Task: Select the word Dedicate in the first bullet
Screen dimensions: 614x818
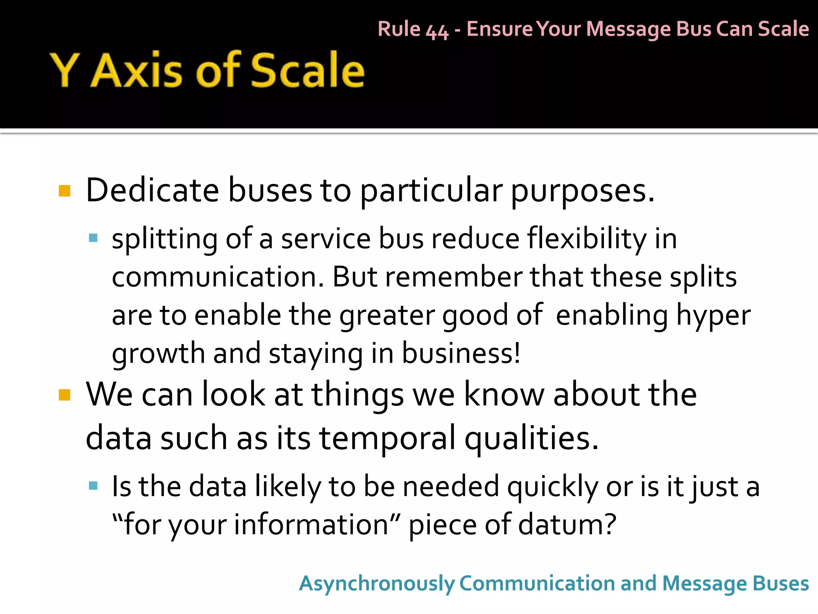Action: [x=152, y=190]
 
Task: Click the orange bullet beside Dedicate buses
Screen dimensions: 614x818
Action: [x=64, y=191]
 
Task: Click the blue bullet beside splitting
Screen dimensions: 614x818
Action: [x=93, y=238]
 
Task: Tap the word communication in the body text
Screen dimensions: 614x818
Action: [x=218, y=277]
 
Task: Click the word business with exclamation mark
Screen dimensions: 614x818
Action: [x=461, y=353]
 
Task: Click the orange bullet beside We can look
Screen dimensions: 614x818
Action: [x=64, y=395]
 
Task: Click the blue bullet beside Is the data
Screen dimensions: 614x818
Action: [x=93, y=486]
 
